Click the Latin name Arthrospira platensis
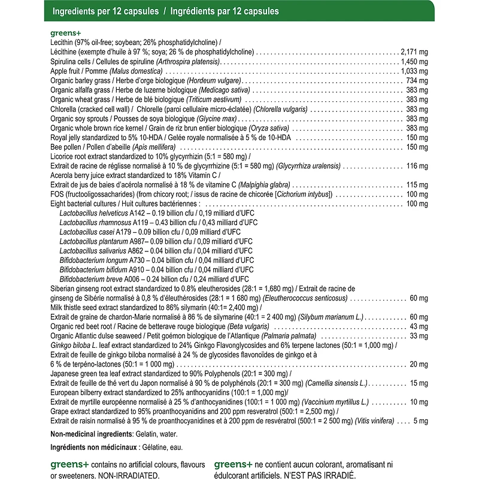click(x=188, y=62)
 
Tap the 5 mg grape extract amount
click(x=422, y=420)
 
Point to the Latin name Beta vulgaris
click(x=248, y=326)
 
